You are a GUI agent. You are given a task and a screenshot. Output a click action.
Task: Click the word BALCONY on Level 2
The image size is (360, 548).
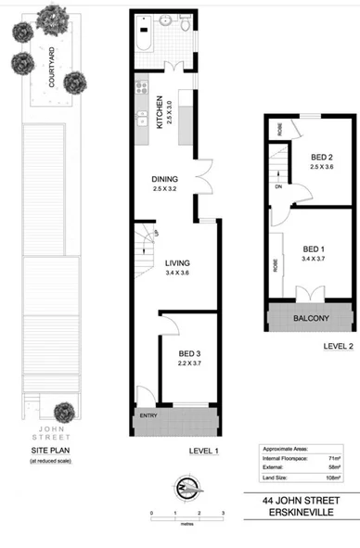click(x=311, y=319)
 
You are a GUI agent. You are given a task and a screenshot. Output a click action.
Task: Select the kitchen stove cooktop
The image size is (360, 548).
click(x=144, y=89)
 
